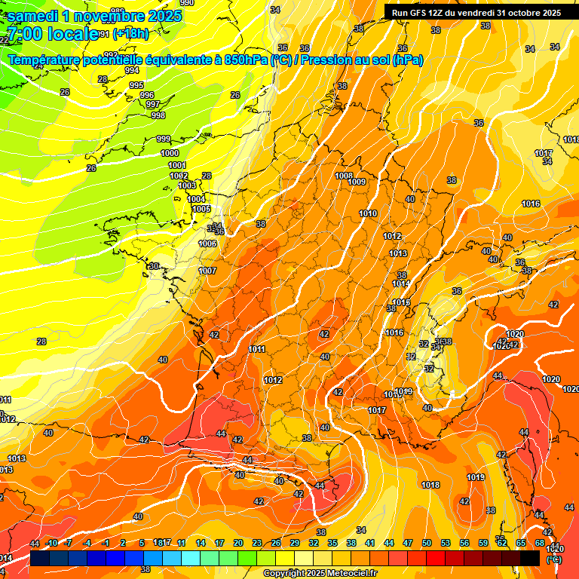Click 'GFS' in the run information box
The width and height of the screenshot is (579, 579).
[x=419, y=13]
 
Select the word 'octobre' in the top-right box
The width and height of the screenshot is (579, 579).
[x=517, y=13]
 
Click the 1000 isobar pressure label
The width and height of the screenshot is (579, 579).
[x=170, y=153]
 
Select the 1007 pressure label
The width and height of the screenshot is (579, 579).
[x=207, y=271]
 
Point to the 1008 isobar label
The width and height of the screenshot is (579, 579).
[x=344, y=176]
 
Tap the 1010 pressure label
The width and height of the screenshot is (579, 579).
[x=368, y=213]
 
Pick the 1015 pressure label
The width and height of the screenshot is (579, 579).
[x=401, y=302]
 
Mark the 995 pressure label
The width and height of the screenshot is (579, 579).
[x=136, y=85]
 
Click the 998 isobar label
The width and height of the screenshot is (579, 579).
[x=158, y=115]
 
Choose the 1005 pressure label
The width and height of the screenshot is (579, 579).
[x=201, y=209]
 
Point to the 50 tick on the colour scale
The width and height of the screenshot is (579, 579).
[x=427, y=543]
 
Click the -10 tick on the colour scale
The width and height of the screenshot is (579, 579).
[x=51, y=543]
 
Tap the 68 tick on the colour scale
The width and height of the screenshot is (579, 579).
[x=540, y=543]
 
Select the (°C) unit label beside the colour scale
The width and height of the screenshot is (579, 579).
[x=553, y=559]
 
